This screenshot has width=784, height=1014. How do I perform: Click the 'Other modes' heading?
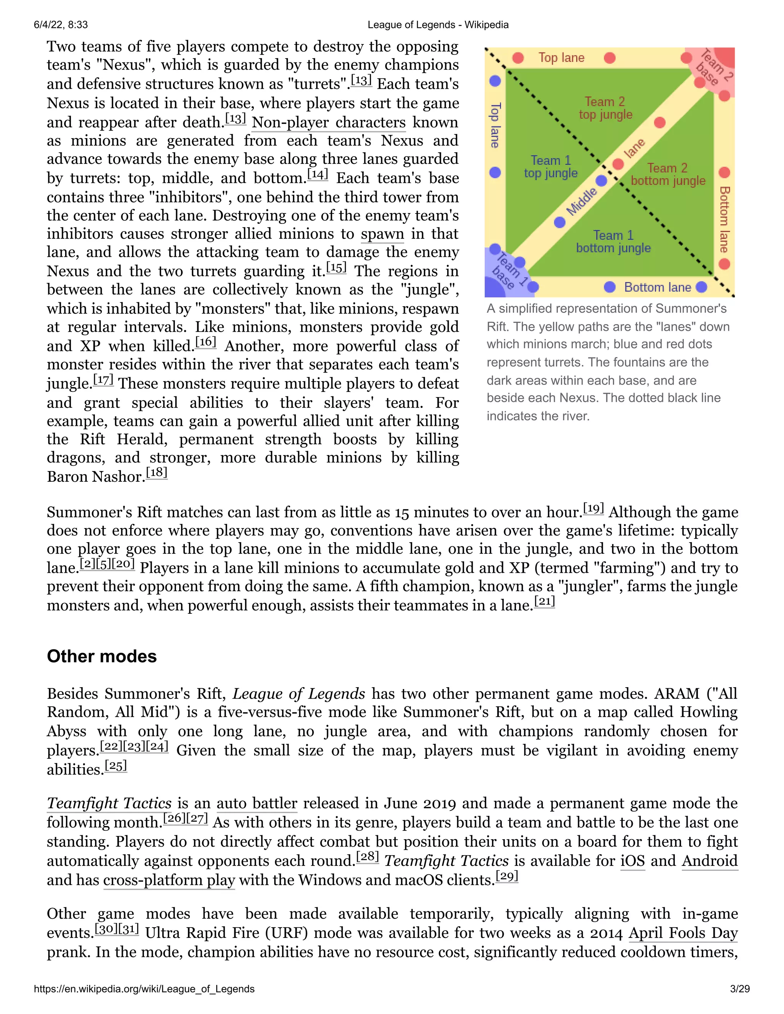pos(102,657)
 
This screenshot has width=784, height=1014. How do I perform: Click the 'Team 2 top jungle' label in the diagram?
pos(605,108)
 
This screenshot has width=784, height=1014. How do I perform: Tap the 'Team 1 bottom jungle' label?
pos(613,241)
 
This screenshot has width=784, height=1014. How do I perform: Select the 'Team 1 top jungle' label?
pos(551,167)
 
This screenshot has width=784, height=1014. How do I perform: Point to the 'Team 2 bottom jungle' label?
pos(668,174)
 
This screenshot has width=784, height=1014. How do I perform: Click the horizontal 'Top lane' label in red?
pos(561,58)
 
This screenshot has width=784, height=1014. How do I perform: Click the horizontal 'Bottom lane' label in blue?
pos(657,287)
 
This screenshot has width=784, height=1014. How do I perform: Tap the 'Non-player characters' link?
pos(328,122)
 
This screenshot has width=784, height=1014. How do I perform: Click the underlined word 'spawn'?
pos(382,234)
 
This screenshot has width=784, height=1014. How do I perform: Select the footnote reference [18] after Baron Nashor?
pos(157,473)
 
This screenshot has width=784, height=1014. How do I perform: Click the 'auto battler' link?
pos(257,804)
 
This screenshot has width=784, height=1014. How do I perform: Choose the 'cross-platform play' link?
pos(169,880)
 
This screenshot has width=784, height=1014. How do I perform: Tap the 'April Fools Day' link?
pos(683,933)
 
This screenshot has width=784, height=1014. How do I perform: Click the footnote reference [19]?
pos(593,509)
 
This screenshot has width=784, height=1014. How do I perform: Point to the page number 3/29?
pos(740,989)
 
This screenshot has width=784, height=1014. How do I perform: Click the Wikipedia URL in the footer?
pos(144,989)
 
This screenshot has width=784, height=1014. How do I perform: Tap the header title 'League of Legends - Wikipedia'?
pos(438,24)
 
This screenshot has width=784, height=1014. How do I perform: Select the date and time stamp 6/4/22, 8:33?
pos(61,24)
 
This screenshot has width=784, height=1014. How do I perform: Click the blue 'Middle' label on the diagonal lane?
pos(581,202)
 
